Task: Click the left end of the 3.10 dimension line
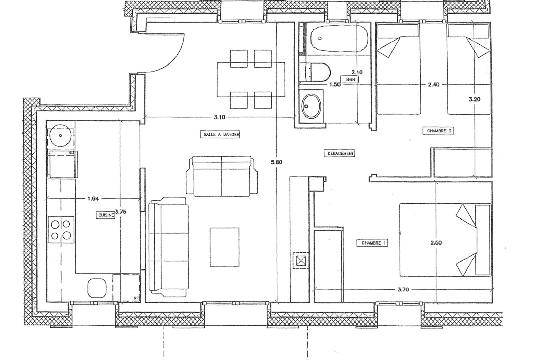(144, 117)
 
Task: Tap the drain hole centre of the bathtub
(320, 38)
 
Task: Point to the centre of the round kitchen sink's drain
(60, 136)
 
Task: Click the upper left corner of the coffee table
(210, 228)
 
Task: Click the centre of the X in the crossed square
(301, 261)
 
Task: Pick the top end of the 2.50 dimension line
(436, 182)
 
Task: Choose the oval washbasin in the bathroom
(311, 106)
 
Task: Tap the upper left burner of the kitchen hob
(55, 225)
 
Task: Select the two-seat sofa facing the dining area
(222, 176)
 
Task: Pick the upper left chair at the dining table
(239, 59)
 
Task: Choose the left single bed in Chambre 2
(399, 69)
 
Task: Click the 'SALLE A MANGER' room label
(220, 135)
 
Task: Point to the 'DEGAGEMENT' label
(340, 153)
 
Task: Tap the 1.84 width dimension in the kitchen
(93, 199)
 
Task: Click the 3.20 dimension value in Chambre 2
(475, 99)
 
